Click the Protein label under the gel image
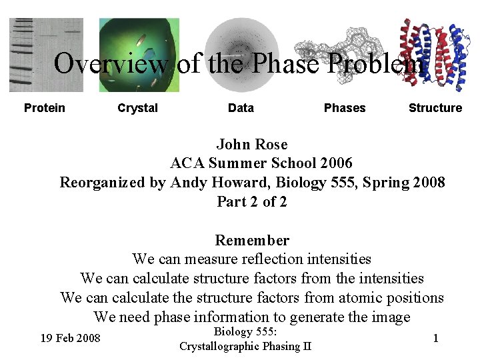45,108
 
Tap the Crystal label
137,108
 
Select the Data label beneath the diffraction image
241,108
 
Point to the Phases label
345,108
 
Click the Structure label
435,108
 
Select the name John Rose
252,145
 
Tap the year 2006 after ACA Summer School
336,163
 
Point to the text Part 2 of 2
252,201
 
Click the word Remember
252,240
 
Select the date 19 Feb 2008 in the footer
70,339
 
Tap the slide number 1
435,338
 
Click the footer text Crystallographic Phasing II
245,346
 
